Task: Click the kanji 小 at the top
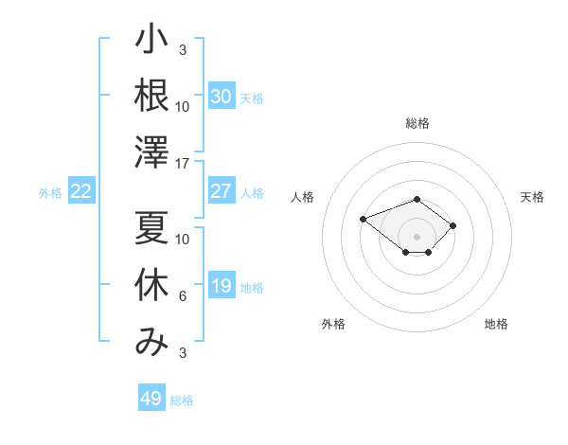(151, 39)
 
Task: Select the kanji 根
(151, 95)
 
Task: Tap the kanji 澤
(151, 151)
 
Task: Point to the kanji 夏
(151, 227)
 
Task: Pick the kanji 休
(151, 284)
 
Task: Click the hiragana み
(151, 342)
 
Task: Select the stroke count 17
(182, 164)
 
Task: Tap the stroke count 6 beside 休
(183, 296)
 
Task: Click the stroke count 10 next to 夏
(182, 240)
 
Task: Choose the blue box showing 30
(222, 96)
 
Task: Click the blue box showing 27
(222, 190)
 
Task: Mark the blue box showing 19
(222, 284)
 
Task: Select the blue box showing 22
(81, 190)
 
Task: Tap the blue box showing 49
(151, 397)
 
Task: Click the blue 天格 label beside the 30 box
(252, 98)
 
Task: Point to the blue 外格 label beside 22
(50, 193)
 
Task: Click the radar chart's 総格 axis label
(417, 123)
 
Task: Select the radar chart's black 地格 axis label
(496, 324)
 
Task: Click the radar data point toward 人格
(363, 220)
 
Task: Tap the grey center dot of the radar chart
(417, 237)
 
